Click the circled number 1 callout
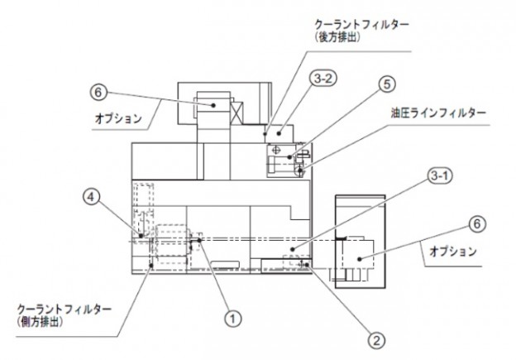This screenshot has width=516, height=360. tap(233, 315)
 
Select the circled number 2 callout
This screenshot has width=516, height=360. tap(375, 338)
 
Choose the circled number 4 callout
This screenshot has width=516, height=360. tap(92, 196)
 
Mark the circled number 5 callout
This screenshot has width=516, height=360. tap(388, 84)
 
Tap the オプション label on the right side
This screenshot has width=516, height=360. tap(454, 251)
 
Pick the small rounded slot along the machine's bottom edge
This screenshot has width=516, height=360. tap(224, 264)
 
